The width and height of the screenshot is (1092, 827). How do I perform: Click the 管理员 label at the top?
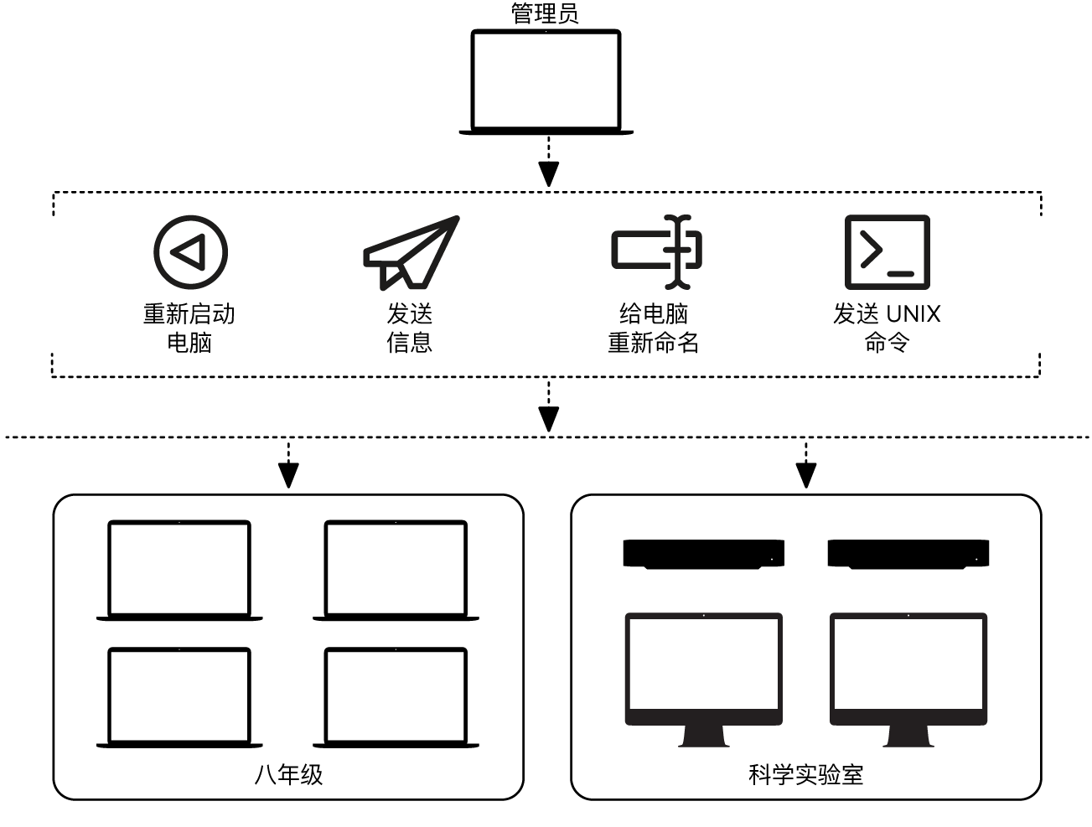pyautogui.click(x=545, y=13)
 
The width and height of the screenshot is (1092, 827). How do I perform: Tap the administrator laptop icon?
pyautogui.click(x=546, y=82)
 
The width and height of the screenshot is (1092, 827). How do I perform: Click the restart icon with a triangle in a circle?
pyautogui.click(x=190, y=251)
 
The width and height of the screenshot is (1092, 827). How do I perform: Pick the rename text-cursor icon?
pyautogui.click(x=656, y=251)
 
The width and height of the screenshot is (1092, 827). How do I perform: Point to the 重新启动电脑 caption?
pyautogui.click(x=189, y=328)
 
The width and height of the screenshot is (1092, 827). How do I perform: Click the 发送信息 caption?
pyautogui.click(x=409, y=328)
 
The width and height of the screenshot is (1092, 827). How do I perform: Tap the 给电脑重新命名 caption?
pyautogui.click(x=653, y=328)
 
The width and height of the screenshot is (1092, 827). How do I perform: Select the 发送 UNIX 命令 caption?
pyautogui.click(x=886, y=328)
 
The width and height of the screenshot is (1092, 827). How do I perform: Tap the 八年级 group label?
pyautogui.click(x=288, y=774)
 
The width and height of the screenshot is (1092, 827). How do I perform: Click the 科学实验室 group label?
pyautogui.click(x=805, y=774)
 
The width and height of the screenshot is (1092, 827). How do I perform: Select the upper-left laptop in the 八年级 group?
pyautogui.click(x=179, y=571)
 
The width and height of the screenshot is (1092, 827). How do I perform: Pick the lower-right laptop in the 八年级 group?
pyautogui.click(x=396, y=697)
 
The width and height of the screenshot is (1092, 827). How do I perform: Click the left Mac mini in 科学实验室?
pyautogui.click(x=703, y=554)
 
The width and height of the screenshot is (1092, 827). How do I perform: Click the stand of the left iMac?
pyautogui.click(x=704, y=736)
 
